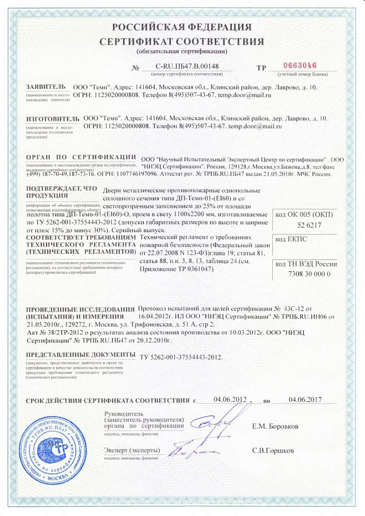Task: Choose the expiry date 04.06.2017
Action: (305, 400)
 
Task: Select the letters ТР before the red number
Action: (262, 68)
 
